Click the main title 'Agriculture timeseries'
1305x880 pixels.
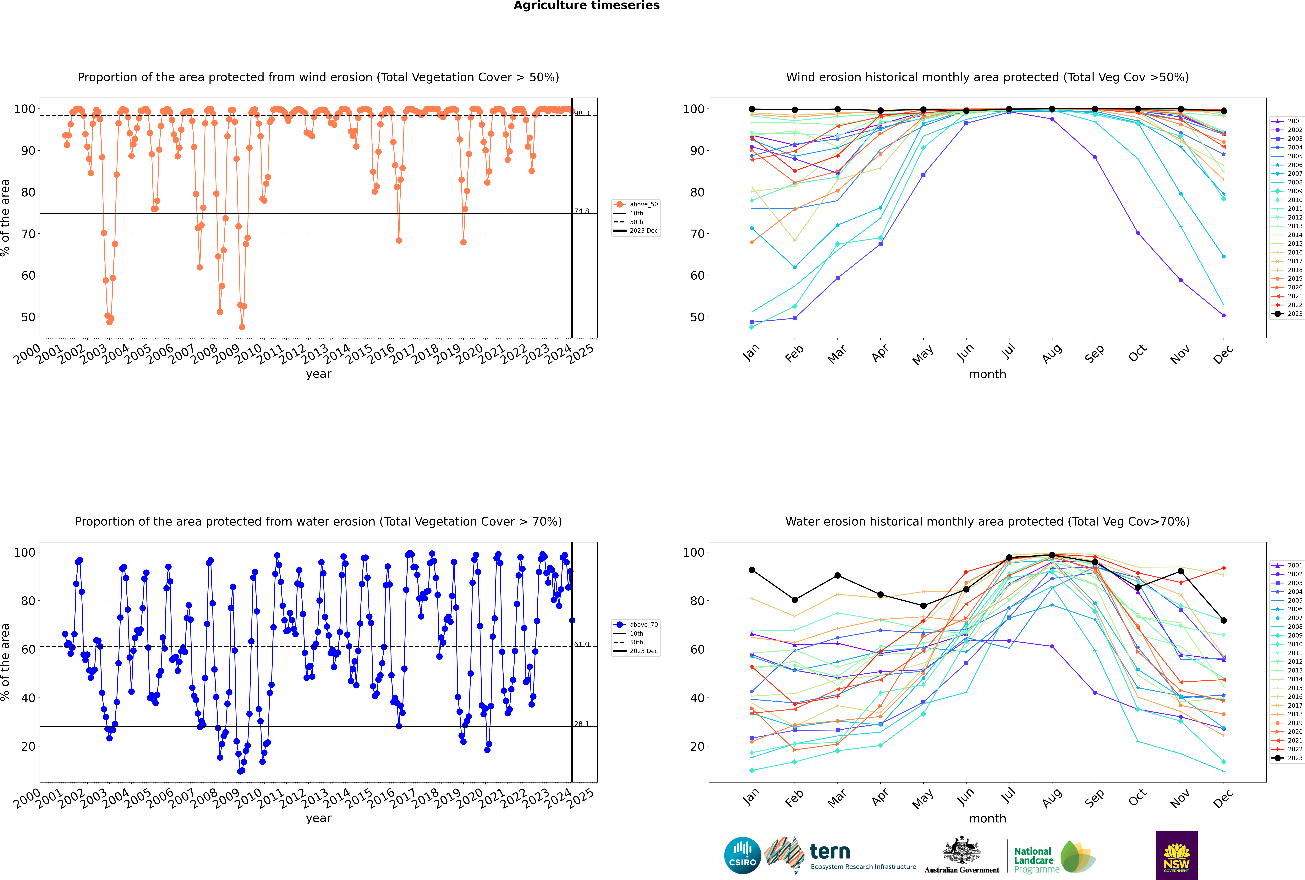point(586,6)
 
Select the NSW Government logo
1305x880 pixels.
point(1176,855)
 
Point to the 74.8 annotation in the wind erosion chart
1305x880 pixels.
point(581,211)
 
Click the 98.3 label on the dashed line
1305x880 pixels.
point(581,113)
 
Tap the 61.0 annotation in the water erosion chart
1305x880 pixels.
point(581,644)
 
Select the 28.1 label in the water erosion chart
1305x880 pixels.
point(581,724)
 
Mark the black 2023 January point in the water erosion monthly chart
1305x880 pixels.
point(752,570)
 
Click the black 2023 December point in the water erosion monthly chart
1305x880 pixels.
point(1224,620)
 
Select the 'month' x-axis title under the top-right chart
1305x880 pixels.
point(987,374)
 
